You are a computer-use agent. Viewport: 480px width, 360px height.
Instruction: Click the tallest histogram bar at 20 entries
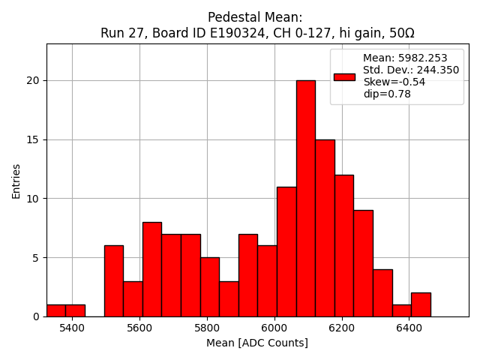point(305,199)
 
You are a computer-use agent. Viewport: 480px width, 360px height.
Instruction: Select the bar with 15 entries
point(325,228)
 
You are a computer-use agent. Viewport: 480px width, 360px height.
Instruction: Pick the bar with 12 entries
point(343,246)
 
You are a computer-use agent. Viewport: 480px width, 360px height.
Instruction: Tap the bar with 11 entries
point(286,252)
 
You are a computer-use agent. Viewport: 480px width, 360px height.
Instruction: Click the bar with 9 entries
point(363,263)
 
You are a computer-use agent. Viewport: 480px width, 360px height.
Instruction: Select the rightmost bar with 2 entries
point(421,304)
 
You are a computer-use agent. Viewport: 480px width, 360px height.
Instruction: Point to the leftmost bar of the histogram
point(55,310)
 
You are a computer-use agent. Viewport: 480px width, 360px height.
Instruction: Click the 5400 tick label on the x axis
point(72,328)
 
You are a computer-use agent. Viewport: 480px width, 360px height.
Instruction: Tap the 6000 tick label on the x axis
point(274,328)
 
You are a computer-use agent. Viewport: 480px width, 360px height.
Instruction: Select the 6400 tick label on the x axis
point(409,328)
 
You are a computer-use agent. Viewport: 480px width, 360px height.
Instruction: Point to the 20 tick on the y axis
point(34,81)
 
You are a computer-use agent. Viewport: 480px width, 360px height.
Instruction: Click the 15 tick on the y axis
point(34,139)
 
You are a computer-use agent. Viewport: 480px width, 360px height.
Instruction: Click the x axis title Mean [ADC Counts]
point(257,343)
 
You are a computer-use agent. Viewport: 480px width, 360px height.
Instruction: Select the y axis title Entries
point(16,180)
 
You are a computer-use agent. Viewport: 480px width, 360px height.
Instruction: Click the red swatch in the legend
point(344,76)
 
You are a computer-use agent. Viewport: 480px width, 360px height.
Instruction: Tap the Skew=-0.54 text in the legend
point(394,82)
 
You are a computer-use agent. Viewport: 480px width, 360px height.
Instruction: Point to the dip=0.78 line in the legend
point(386,94)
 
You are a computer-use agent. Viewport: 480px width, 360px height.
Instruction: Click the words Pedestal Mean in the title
point(255,17)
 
